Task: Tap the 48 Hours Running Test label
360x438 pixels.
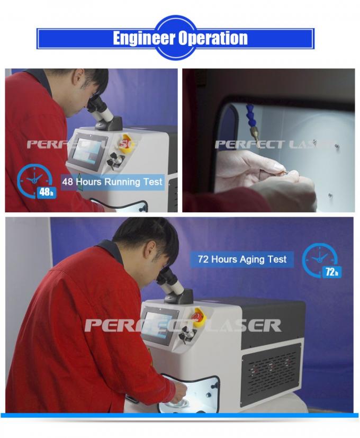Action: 112,182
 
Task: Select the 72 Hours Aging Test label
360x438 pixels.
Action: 242,259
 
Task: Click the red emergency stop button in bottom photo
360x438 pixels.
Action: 198,316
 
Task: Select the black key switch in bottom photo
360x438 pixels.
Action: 186,334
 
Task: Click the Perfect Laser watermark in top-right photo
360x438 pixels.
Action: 275,145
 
